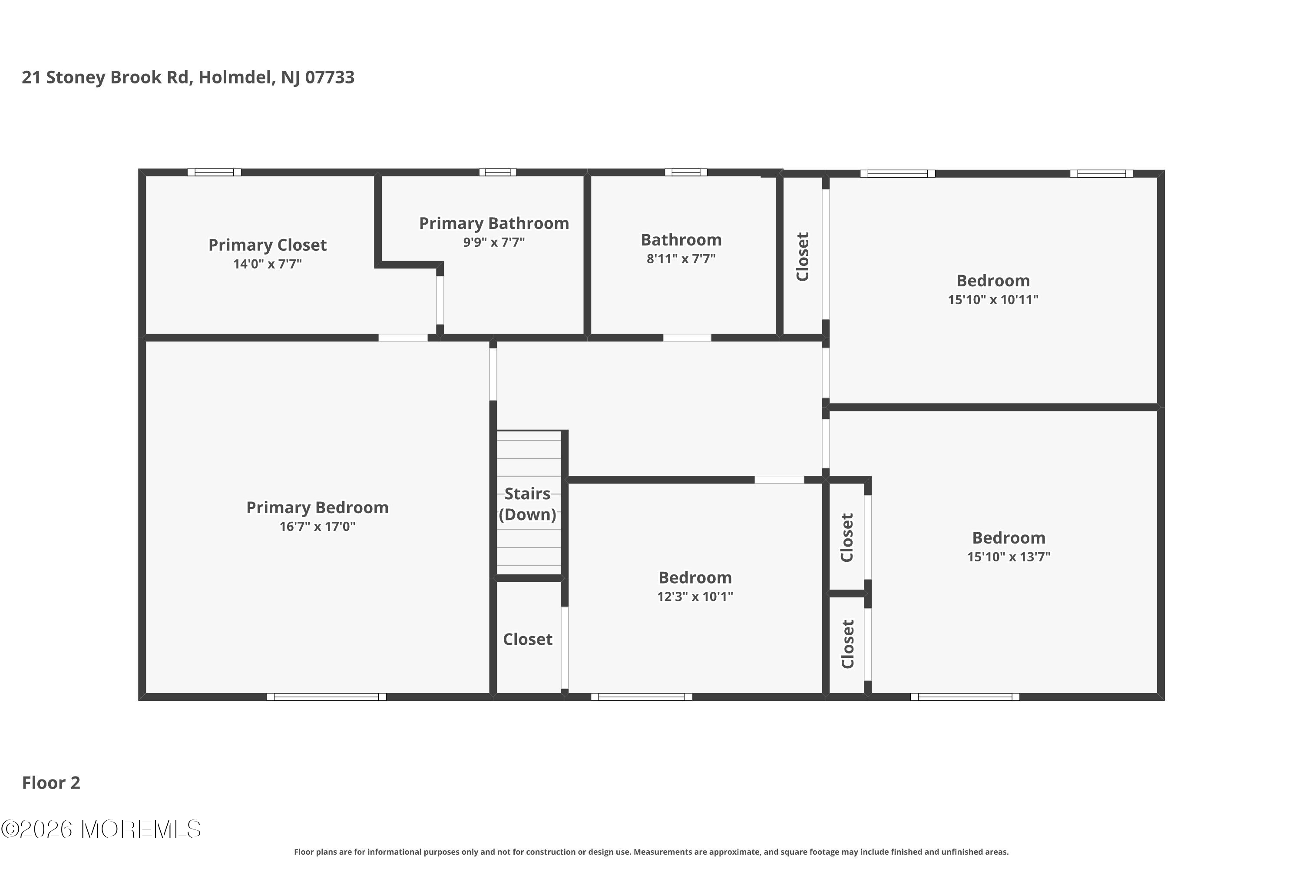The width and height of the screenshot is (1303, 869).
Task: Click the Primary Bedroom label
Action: coord(317,507)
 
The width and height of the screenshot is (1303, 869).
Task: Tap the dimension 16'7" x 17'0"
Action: coord(317,527)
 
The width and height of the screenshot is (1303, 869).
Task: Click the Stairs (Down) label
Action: coord(527,504)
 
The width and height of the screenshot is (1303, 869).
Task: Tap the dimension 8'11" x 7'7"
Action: coord(681,259)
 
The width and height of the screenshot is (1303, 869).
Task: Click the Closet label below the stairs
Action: coord(527,639)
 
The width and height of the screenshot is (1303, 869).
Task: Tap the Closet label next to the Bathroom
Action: coord(802,257)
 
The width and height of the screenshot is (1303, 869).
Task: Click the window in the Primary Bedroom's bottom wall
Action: coord(326,697)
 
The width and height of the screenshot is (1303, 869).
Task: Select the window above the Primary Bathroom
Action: coord(497,172)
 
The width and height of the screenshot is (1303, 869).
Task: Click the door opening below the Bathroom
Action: coord(687,338)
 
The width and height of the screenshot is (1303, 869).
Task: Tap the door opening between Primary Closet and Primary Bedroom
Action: coord(403,338)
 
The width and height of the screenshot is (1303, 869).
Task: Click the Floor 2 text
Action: coord(51,783)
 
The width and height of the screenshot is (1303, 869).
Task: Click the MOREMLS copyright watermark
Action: coord(101,829)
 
